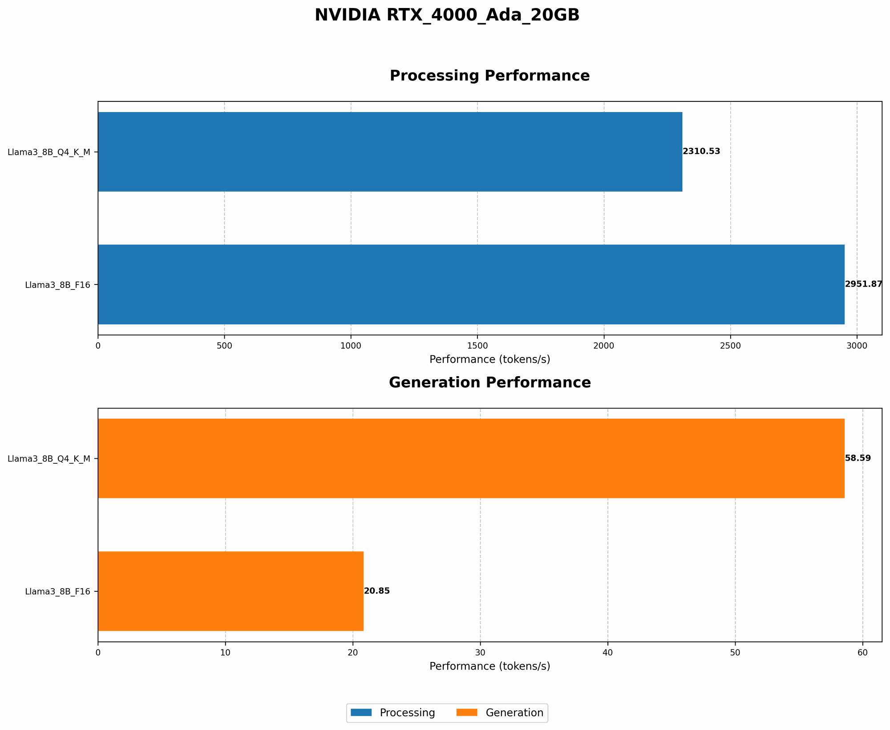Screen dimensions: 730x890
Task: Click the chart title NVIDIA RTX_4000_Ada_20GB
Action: click(x=447, y=16)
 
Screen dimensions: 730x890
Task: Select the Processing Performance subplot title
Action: click(x=489, y=76)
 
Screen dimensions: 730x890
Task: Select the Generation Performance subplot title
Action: click(x=489, y=383)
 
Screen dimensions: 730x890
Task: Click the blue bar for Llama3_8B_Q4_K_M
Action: click(x=390, y=152)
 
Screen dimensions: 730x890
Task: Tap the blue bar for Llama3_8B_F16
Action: click(x=471, y=285)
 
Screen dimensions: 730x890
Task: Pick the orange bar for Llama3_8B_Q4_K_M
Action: click(x=471, y=458)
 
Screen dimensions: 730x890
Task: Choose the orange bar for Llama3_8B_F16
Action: click(x=231, y=591)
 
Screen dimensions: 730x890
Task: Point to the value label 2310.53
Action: click(x=701, y=152)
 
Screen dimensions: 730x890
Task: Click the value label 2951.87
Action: click(x=863, y=285)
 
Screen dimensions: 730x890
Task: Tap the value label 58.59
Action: click(x=858, y=458)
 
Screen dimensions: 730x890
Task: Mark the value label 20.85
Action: click(x=376, y=591)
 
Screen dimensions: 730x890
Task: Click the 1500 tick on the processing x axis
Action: click(x=477, y=346)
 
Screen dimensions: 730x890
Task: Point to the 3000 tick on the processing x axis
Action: click(x=857, y=346)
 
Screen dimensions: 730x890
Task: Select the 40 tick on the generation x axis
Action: click(x=607, y=653)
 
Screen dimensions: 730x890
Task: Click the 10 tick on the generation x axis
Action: click(x=225, y=653)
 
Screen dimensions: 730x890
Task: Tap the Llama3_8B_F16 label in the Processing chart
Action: click(x=57, y=285)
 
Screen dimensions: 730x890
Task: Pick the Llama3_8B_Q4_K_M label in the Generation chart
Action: click(x=49, y=459)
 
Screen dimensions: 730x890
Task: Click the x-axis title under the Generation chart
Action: click(x=489, y=666)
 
